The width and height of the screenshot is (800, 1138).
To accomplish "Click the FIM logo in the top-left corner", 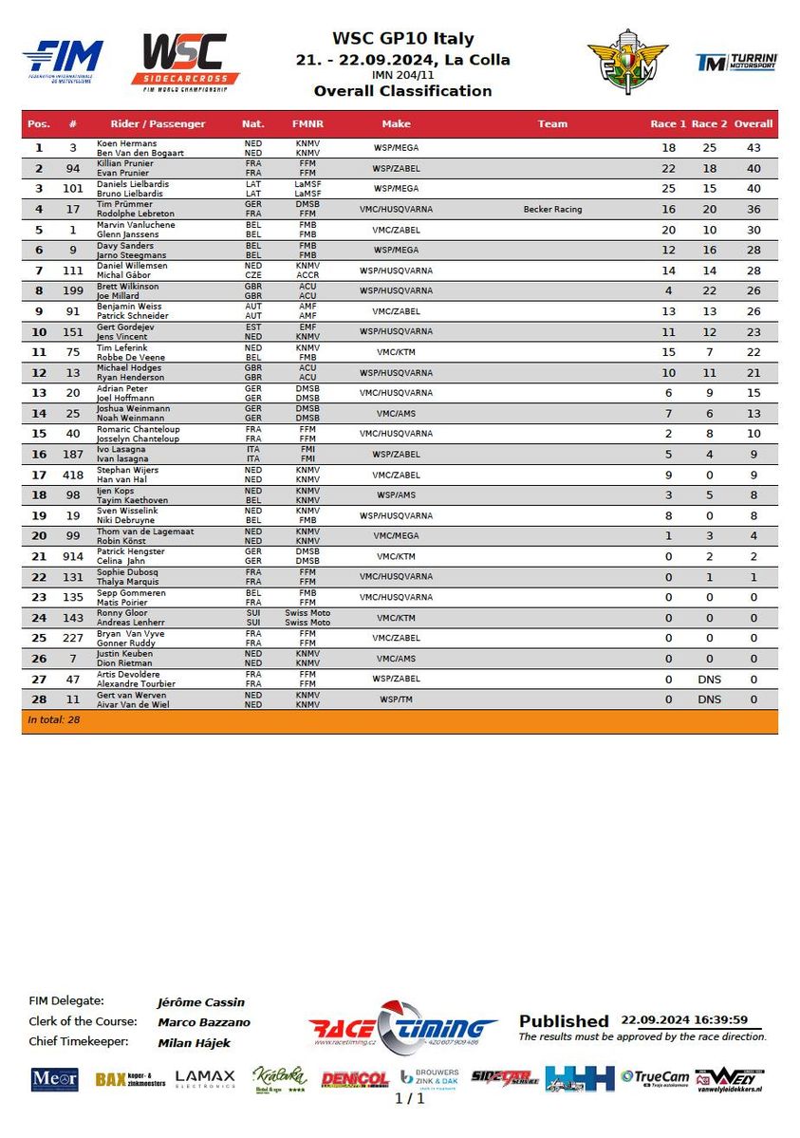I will pyautogui.click(x=63, y=59).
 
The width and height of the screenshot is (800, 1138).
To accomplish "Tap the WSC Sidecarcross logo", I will pyautogui.click(x=185, y=62).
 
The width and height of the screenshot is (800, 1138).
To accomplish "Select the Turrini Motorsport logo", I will pyautogui.click(x=736, y=63).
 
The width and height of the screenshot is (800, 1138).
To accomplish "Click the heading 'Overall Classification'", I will pyautogui.click(x=402, y=91).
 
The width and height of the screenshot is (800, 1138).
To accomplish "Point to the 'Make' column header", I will pyautogui.click(x=396, y=124).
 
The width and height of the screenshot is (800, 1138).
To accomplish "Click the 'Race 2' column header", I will pyautogui.click(x=710, y=124).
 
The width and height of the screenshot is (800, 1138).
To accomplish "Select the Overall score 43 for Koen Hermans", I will pyautogui.click(x=753, y=148).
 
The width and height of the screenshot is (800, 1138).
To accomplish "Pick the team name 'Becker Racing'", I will pyautogui.click(x=552, y=209).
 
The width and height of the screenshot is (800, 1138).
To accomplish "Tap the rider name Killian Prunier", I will pyautogui.click(x=124, y=163).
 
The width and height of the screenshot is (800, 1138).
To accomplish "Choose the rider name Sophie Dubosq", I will pyautogui.click(x=127, y=572).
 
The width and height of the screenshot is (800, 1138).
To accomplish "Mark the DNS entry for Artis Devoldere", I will pyautogui.click(x=710, y=679).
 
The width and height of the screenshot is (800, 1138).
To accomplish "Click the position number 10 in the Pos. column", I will pyautogui.click(x=39, y=331).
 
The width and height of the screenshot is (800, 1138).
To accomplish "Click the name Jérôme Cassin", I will pyautogui.click(x=200, y=1001).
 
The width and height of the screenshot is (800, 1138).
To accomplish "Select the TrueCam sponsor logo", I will pyautogui.click(x=655, y=1077).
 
